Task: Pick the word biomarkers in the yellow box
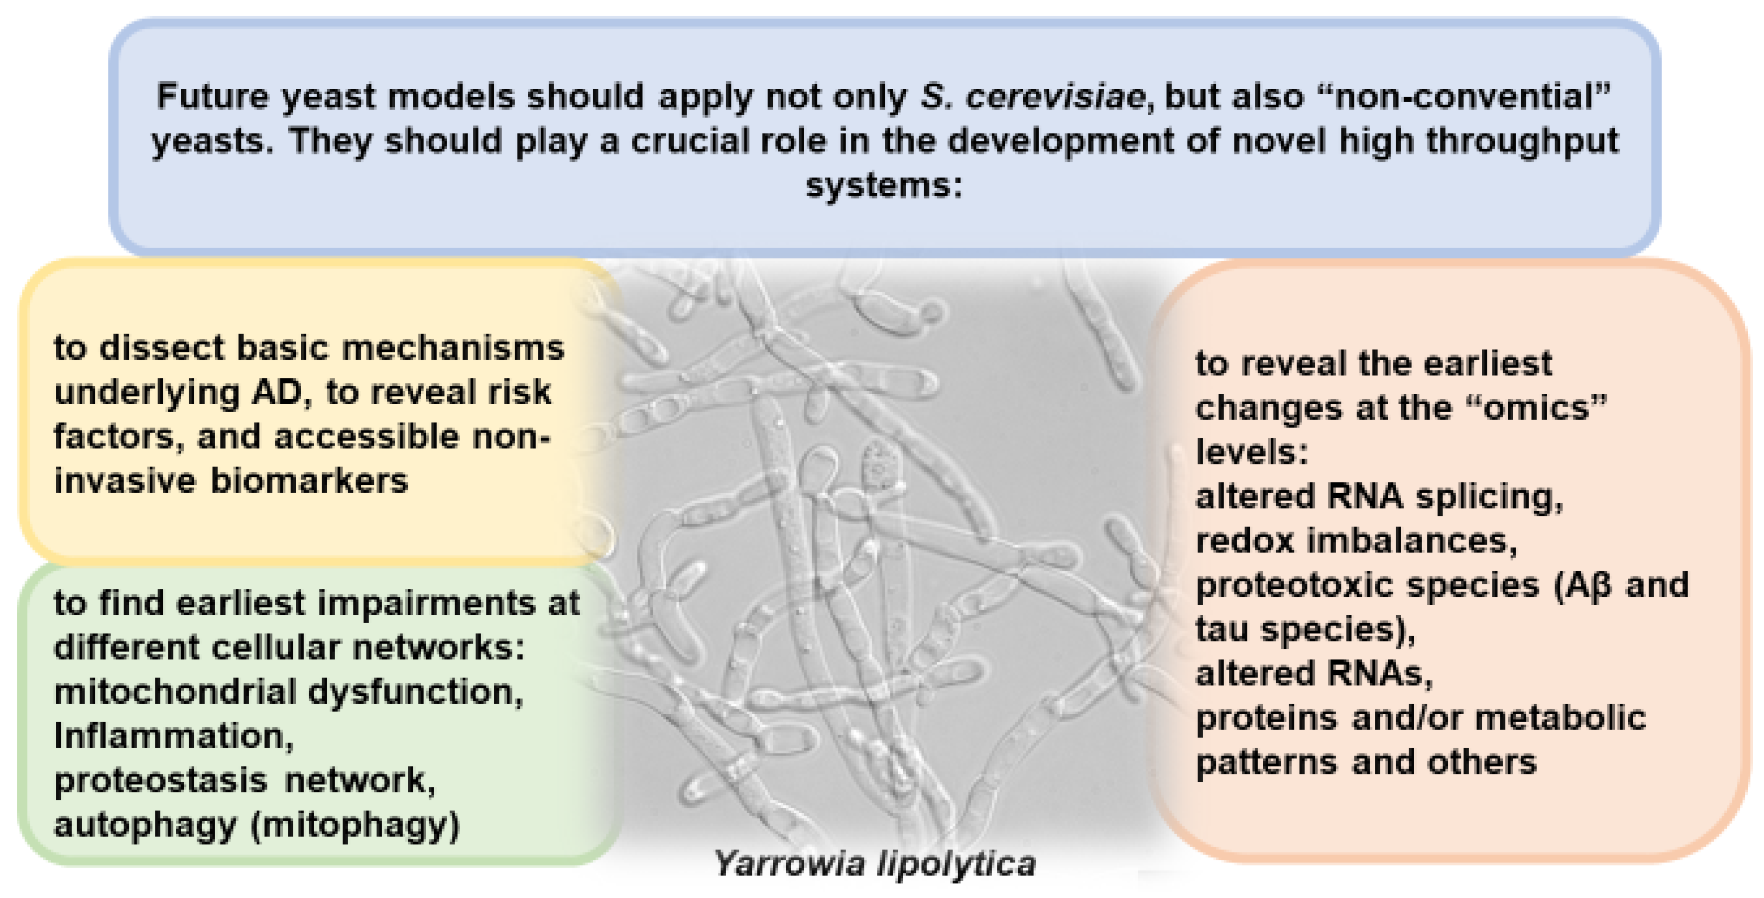pos(309,481)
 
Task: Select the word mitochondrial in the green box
pos(174,692)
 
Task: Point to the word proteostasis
pos(161,781)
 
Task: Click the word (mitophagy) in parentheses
pos(356,825)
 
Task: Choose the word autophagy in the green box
pos(145,825)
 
